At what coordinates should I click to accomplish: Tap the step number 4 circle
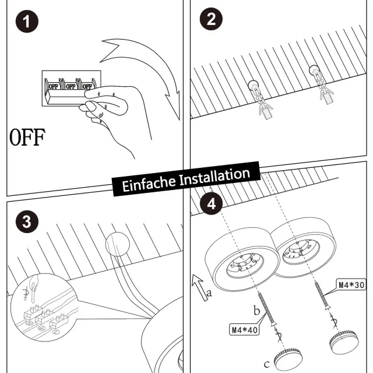pyautogui.click(x=211, y=204)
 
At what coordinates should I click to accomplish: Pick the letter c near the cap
pyautogui.click(x=266, y=364)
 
